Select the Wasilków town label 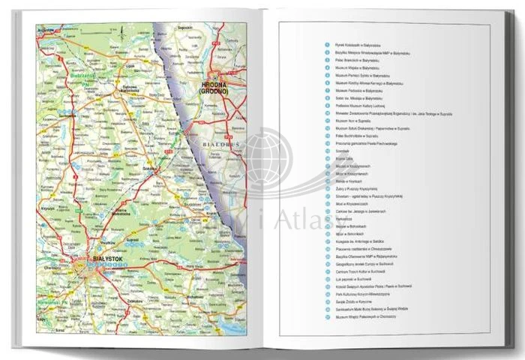coord(106,242)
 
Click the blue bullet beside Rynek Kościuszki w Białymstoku coord(328,45)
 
